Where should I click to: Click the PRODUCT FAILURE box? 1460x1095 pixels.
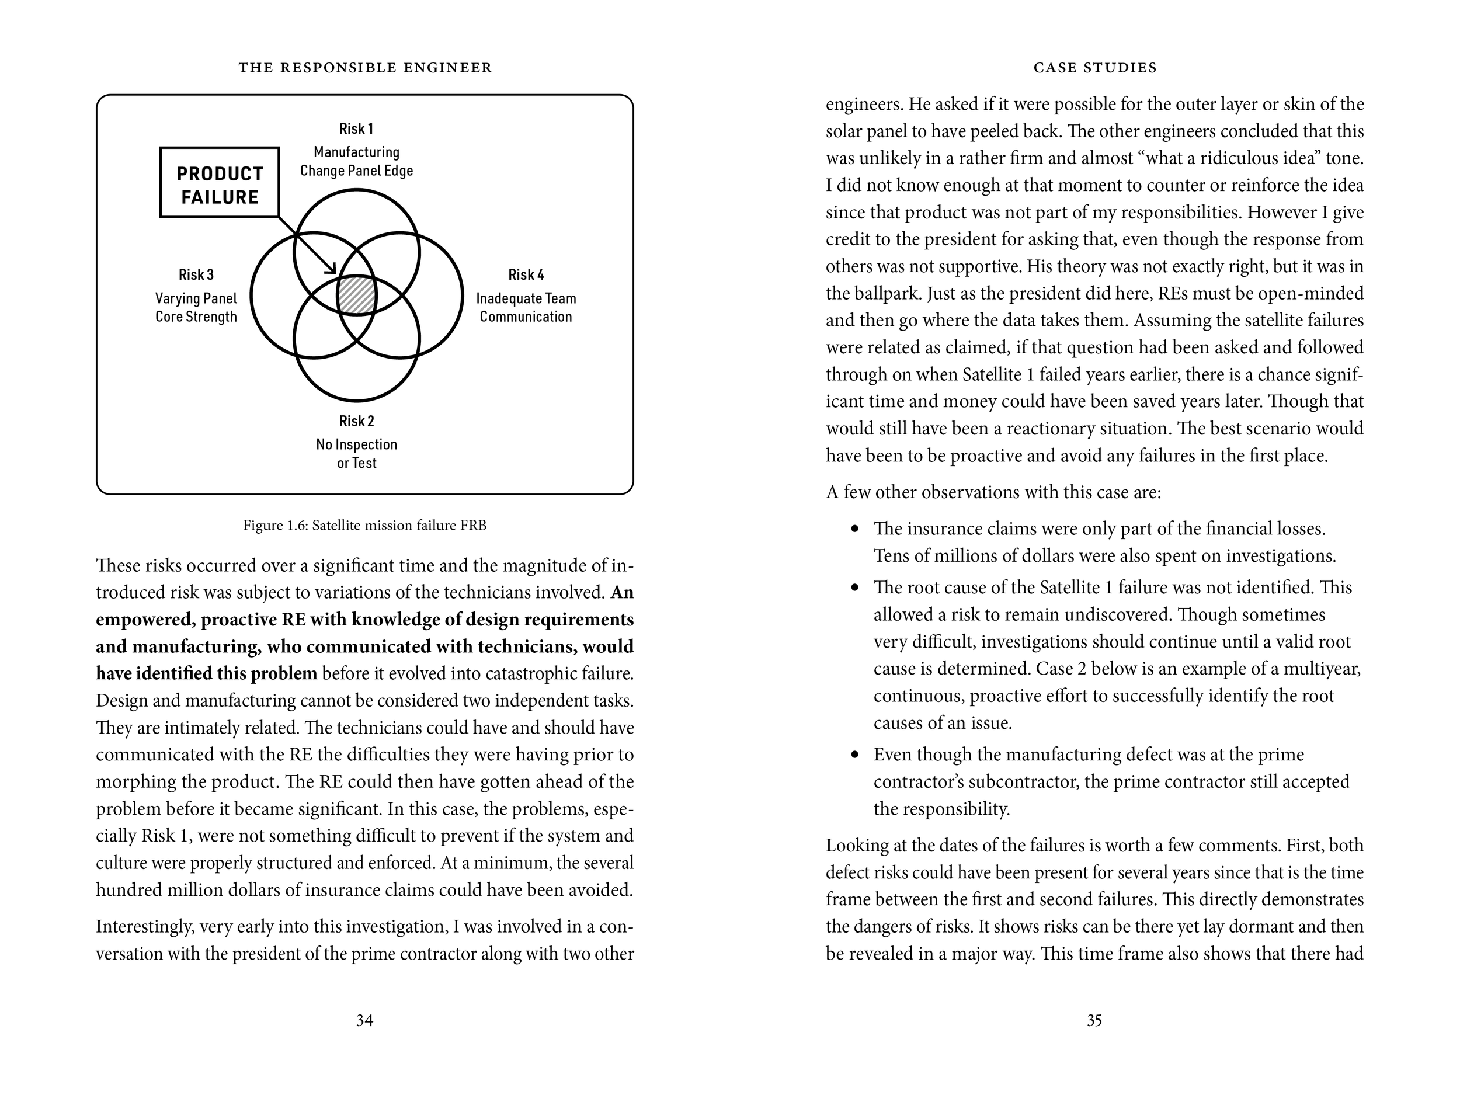pyautogui.click(x=219, y=182)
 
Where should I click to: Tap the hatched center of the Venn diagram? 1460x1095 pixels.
pyautogui.click(x=356, y=296)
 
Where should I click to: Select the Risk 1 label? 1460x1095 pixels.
pyautogui.click(x=356, y=128)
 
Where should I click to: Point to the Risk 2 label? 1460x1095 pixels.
pyautogui.click(x=356, y=420)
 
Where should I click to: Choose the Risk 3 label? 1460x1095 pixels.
pyautogui.click(x=196, y=274)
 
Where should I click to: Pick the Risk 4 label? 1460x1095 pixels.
pyautogui.click(x=526, y=274)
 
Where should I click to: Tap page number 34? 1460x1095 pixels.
pyautogui.click(x=364, y=1020)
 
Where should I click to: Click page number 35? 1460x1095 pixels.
pyautogui.click(x=1094, y=1020)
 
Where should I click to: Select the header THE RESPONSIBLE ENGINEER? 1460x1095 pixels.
pyautogui.click(x=365, y=67)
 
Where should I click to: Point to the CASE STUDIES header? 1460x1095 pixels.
pyautogui.click(x=1095, y=67)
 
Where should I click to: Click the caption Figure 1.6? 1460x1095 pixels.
pyautogui.click(x=364, y=526)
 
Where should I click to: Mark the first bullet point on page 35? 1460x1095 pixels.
pyautogui.click(x=856, y=529)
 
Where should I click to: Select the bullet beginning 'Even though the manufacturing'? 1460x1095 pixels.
pyautogui.click(x=856, y=755)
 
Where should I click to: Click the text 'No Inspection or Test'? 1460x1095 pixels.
pyautogui.click(x=356, y=453)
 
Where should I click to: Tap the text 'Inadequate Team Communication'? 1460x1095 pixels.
pyautogui.click(x=526, y=308)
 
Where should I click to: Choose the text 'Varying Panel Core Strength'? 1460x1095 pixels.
pyautogui.click(x=196, y=308)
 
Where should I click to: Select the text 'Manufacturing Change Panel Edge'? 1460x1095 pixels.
pyautogui.click(x=356, y=162)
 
